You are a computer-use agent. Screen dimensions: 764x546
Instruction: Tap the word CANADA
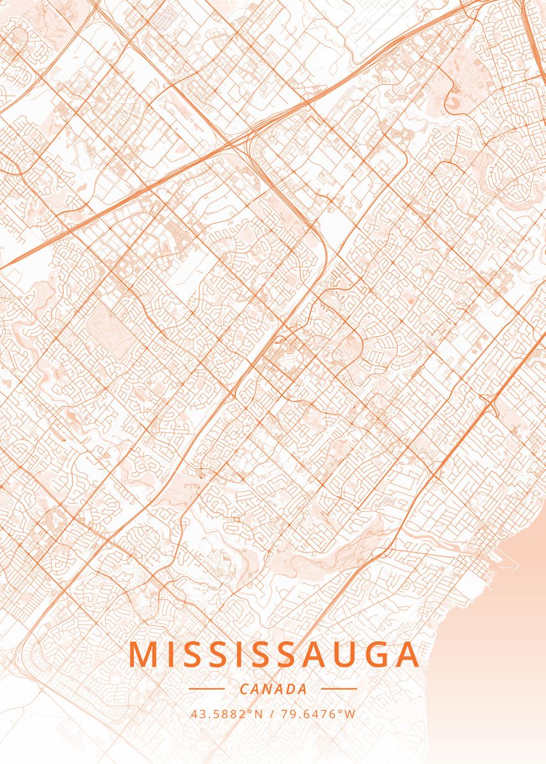(273, 689)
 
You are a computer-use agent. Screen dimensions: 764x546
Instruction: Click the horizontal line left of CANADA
(206, 688)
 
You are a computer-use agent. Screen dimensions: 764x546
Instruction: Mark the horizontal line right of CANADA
(339, 688)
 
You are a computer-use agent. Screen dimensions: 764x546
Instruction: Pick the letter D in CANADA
(291, 689)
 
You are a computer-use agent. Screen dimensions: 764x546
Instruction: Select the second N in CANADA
(268, 689)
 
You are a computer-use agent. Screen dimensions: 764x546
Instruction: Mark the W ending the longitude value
(350, 714)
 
